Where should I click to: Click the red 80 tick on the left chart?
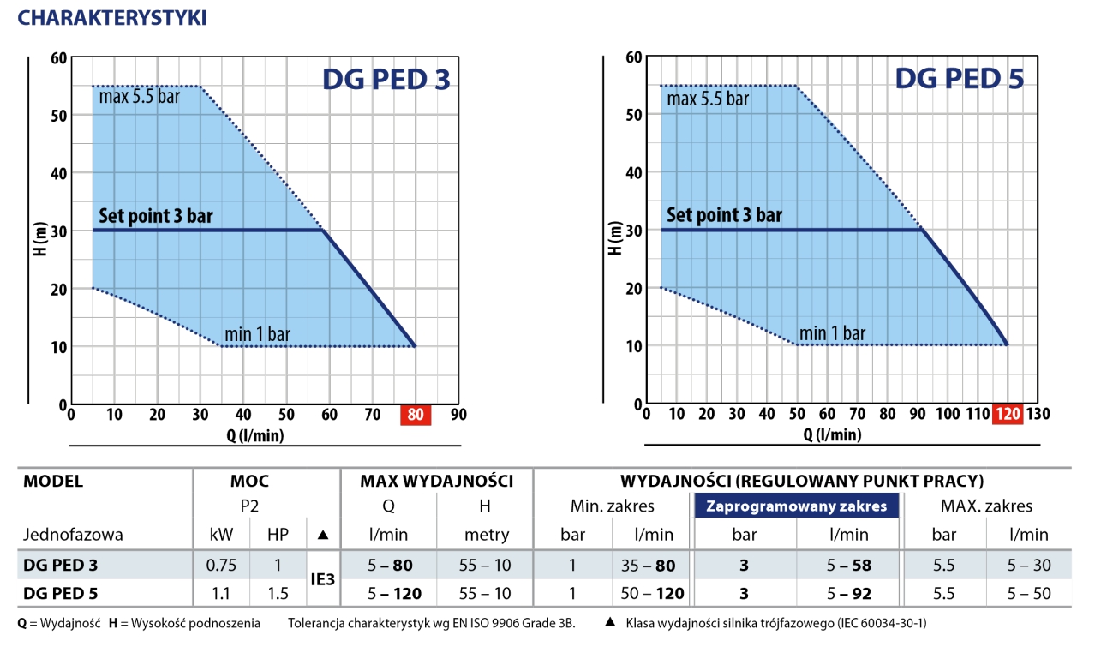(x=416, y=415)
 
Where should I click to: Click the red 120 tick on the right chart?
(x=1008, y=414)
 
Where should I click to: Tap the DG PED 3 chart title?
(x=386, y=80)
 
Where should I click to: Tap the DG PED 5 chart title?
(x=959, y=79)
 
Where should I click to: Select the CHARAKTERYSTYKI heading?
(x=112, y=18)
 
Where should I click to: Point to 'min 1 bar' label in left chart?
(x=257, y=334)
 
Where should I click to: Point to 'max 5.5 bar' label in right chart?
(x=708, y=99)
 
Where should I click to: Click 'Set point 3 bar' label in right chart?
(x=724, y=215)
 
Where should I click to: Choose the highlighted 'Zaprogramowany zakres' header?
(x=796, y=506)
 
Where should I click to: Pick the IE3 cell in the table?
(x=322, y=579)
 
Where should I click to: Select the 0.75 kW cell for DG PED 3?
(x=221, y=566)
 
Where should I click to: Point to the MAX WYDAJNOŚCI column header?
(x=436, y=481)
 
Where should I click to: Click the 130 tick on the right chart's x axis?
(x=1038, y=414)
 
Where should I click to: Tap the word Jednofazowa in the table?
(x=73, y=535)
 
